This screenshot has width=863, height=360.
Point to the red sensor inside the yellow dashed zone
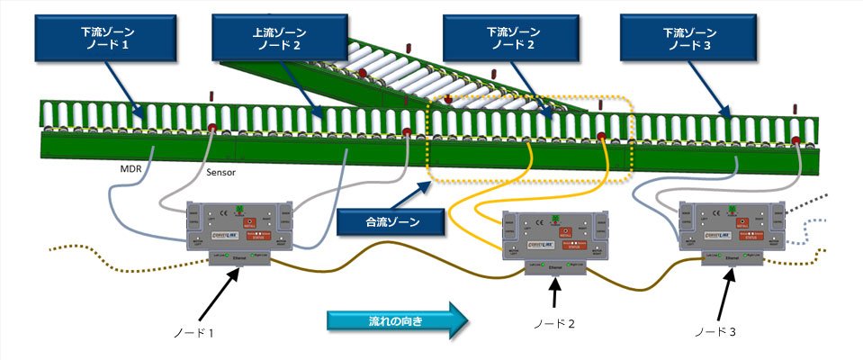point(600,138)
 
